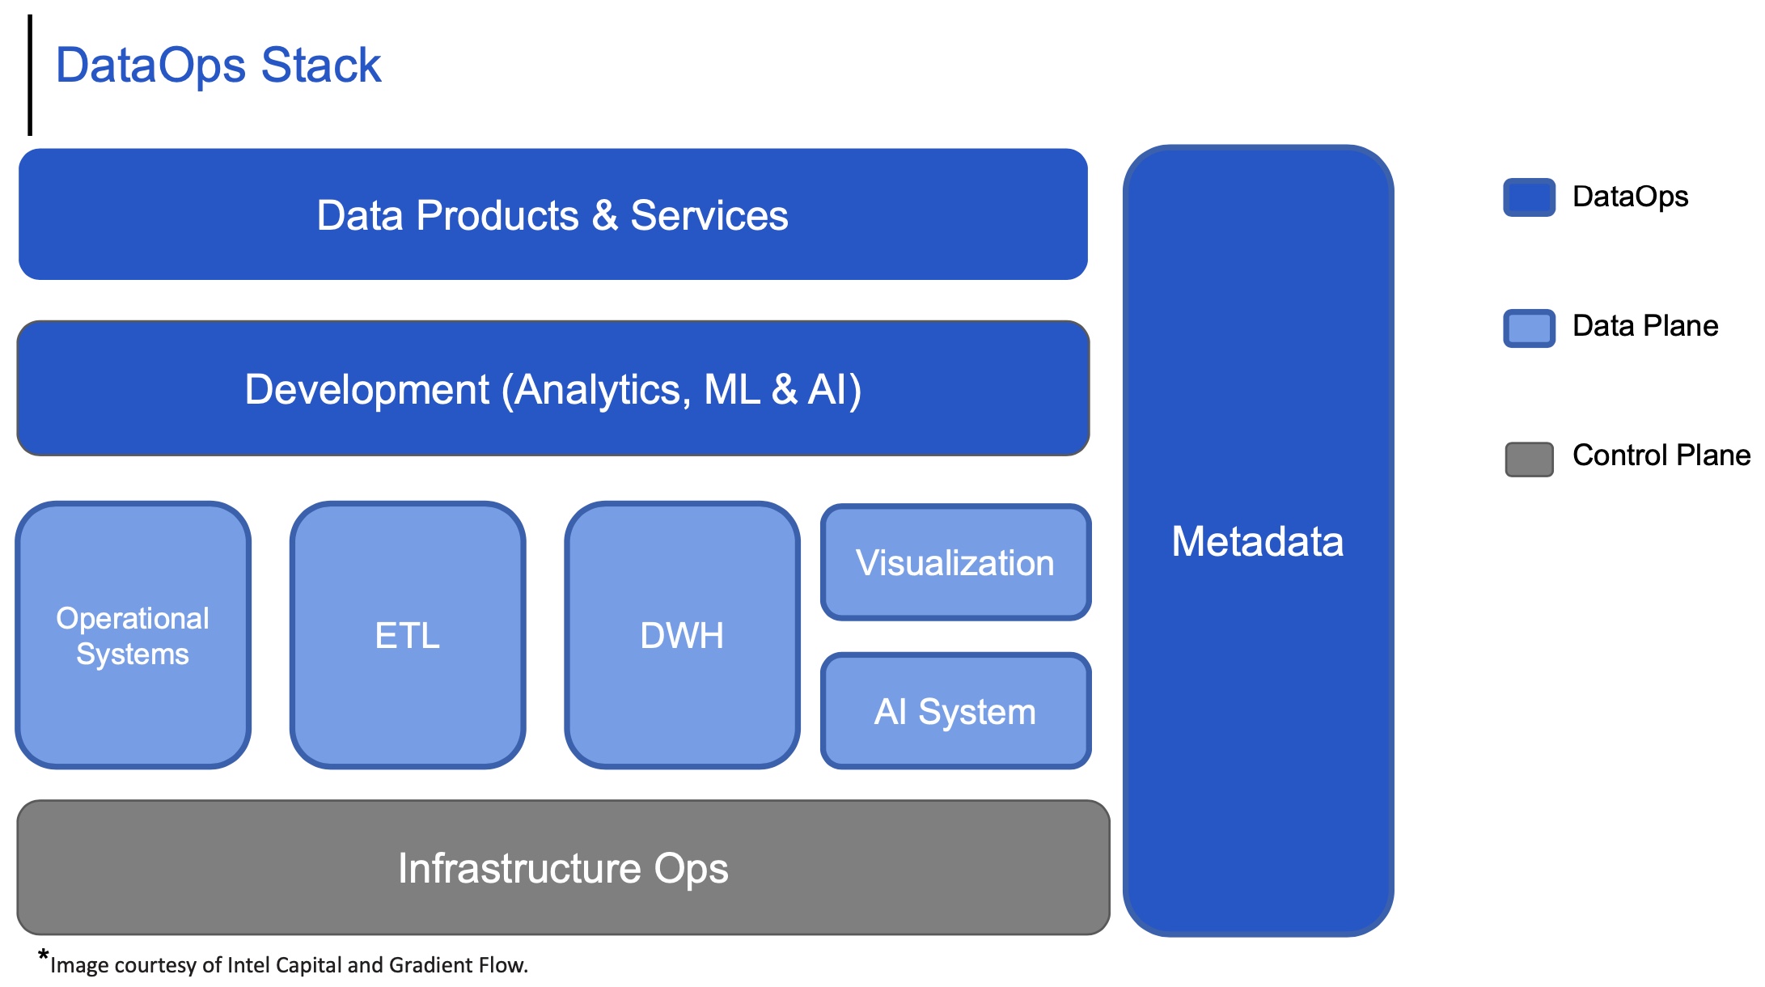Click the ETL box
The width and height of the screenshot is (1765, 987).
click(408, 635)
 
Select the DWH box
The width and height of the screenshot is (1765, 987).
click(682, 635)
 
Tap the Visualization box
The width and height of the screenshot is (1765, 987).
click(955, 563)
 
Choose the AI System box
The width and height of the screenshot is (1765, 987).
click(955, 712)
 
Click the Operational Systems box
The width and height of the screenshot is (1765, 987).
click(133, 635)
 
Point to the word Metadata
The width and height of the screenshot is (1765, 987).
click(1257, 541)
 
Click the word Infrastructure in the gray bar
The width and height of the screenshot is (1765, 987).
click(521, 868)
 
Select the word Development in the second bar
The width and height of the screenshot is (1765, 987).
click(366, 389)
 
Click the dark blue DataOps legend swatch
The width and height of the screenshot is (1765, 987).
click(1529, 197)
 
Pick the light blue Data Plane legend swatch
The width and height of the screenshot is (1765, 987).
click(1529, 328)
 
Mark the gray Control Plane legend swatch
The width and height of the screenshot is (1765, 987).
click(1529, 459)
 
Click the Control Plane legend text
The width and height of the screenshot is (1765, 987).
click(1661, 455)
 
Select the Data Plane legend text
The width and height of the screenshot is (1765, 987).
click(1644, 325)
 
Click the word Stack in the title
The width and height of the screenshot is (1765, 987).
click(320, 65)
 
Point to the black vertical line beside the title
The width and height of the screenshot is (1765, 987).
click(30, 74)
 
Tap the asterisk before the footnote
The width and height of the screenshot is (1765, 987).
click(43, 955)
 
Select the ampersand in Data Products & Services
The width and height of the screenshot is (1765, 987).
click(604, 215)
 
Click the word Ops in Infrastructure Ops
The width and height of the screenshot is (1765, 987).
click(691, 868)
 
